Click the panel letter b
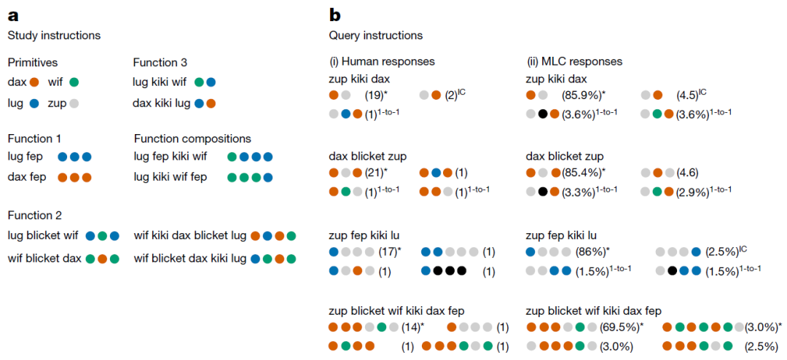pyautogui.click(x=334, y=15)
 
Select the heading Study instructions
pyautogui.click(x=54, y=36)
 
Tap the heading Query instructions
pyautogui.click(x=375, y=36)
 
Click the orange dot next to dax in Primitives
pyautogui.click(x=34, y=82)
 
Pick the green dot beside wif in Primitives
pyautogui.click(x=74, y=82)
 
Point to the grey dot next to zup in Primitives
pyautogui.click(x=74, y=104)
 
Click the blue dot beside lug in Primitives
pyautogui.click(x=34, y=104)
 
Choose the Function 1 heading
pyautogui.click(x=31, y=138)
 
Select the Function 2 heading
pyautogui.click(x=31, y=216)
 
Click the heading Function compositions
pyautogui.click(x=192, y=138)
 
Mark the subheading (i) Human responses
pyautogui.click(x=381, y=62)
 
